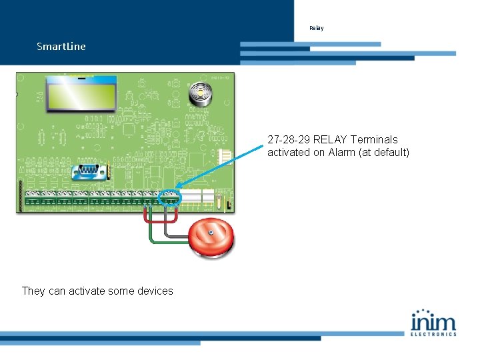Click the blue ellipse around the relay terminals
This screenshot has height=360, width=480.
click(171, 197)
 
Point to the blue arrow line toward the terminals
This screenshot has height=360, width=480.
click(220, 170)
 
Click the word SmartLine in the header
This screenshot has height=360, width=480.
click(61, 47)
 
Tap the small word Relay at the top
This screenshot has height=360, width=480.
click(316, 28)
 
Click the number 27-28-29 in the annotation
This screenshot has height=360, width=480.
click(289, 140)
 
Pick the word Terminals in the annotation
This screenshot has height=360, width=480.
click(375, 140)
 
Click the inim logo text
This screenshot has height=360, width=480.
click(433, 321)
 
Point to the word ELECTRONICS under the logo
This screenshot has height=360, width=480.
click(433, 333)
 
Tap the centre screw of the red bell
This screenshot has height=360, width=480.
click(211, 233)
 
